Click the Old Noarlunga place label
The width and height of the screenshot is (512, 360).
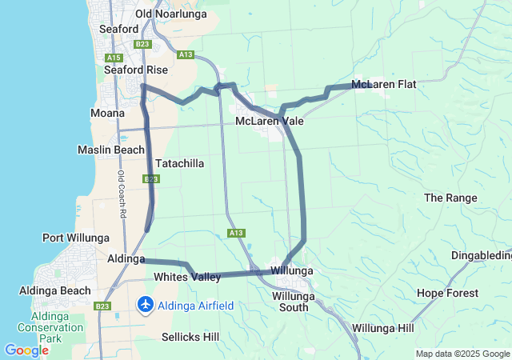[x=170, y=14]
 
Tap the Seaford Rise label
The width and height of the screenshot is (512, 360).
[x=136, y=70]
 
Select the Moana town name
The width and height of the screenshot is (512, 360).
[x=107, y=113]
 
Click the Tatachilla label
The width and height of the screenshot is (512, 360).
[x=179, y=163]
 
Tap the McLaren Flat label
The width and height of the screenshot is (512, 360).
[x=383, y=84]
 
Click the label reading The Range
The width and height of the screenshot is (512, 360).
[x=450, y=198]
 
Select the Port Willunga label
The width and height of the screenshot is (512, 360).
[x=76, y=238]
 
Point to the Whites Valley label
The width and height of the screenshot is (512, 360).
[x=186, y=277]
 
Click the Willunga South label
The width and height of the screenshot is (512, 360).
[x=294, y=302]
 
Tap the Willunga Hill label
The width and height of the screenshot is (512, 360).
[x=383, y=329]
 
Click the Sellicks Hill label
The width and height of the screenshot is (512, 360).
[x=190, y=337]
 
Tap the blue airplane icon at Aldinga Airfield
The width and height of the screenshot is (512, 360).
[x=146, y=305]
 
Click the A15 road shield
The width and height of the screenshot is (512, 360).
[x=113, y=58]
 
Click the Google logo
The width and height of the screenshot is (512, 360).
[x=26, y=350]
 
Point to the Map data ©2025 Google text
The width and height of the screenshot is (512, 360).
[x=462, y=354]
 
